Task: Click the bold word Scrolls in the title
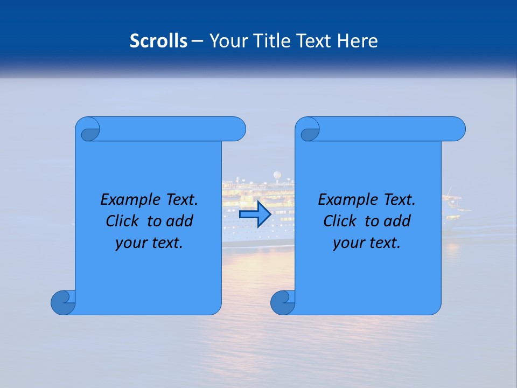point(159,41)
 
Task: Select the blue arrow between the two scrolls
point(255,214)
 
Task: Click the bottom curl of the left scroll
point(63,302)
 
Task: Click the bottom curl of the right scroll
point(283,302)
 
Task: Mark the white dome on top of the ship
point(277,175)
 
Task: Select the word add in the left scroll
point(180,221)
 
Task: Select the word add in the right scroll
point(397,221)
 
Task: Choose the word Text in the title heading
point(313,41)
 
